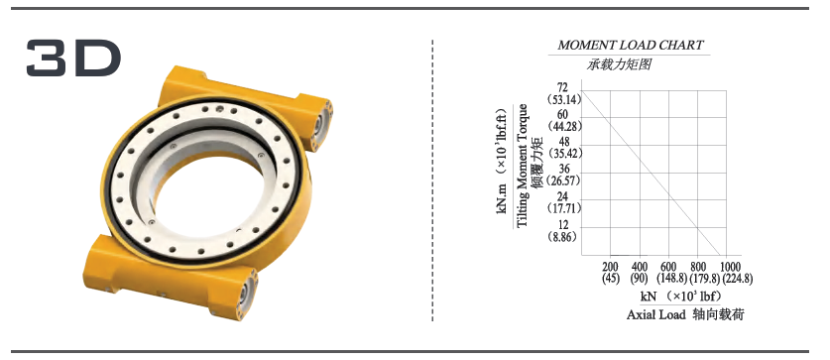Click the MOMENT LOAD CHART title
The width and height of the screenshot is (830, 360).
631,46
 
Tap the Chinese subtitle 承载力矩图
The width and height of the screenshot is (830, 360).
619,64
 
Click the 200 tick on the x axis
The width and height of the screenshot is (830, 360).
611,267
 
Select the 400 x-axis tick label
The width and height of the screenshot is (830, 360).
641,267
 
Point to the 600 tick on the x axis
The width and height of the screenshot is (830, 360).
669,267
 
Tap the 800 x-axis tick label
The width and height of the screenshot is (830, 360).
699,267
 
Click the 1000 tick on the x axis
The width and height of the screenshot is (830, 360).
730,267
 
